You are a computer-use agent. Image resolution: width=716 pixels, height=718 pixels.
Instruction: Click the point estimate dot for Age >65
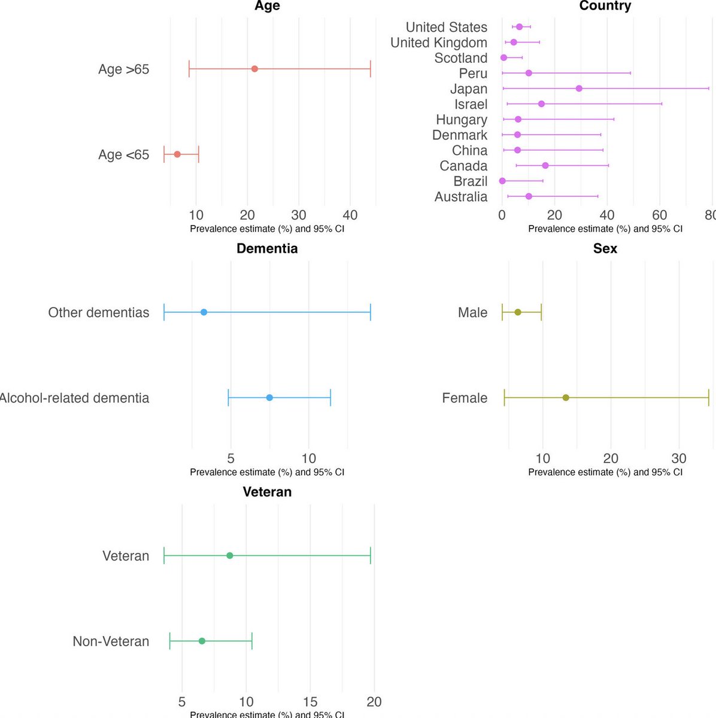tap(254, 69)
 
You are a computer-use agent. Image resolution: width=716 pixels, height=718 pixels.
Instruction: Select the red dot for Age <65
tap(177, 154)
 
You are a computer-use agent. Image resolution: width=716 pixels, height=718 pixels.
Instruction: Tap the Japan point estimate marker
tap(579, 89)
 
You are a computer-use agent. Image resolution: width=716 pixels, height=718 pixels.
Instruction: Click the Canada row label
tap(463, 166)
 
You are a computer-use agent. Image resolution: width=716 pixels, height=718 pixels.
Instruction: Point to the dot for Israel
tap(541, 104)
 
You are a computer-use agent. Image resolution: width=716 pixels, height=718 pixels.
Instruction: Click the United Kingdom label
tap(439, 42)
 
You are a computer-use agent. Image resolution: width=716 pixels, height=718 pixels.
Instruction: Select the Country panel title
tap(605, 6)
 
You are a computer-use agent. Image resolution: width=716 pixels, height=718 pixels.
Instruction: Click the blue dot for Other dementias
tap(204, 312)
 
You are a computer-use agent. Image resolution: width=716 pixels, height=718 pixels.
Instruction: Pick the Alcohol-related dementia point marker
tap(269, 398)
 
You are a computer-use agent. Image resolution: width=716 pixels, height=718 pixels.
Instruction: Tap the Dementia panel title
tap(267, 248)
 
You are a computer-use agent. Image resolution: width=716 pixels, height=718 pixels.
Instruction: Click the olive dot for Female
tap(566, 398)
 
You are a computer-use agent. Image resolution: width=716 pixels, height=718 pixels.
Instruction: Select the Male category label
tap(472, 312)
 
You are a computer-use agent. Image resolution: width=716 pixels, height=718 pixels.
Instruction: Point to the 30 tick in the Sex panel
tap(679, 458)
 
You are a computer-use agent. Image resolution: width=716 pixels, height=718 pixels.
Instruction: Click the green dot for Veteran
tap(230, 556)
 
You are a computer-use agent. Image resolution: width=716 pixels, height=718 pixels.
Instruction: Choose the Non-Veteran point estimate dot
tap(202, 641)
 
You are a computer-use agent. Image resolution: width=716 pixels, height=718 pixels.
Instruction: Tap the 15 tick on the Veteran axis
tap(310, 702)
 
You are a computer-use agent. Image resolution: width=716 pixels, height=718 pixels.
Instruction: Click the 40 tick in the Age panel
tap(350, 215)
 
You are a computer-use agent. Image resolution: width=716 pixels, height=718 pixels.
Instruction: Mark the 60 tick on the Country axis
tap(660, 215)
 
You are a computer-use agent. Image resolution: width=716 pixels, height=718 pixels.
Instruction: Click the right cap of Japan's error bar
tap(709, 89)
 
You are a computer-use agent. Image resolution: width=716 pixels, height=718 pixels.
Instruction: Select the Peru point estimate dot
tap(529, 73)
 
